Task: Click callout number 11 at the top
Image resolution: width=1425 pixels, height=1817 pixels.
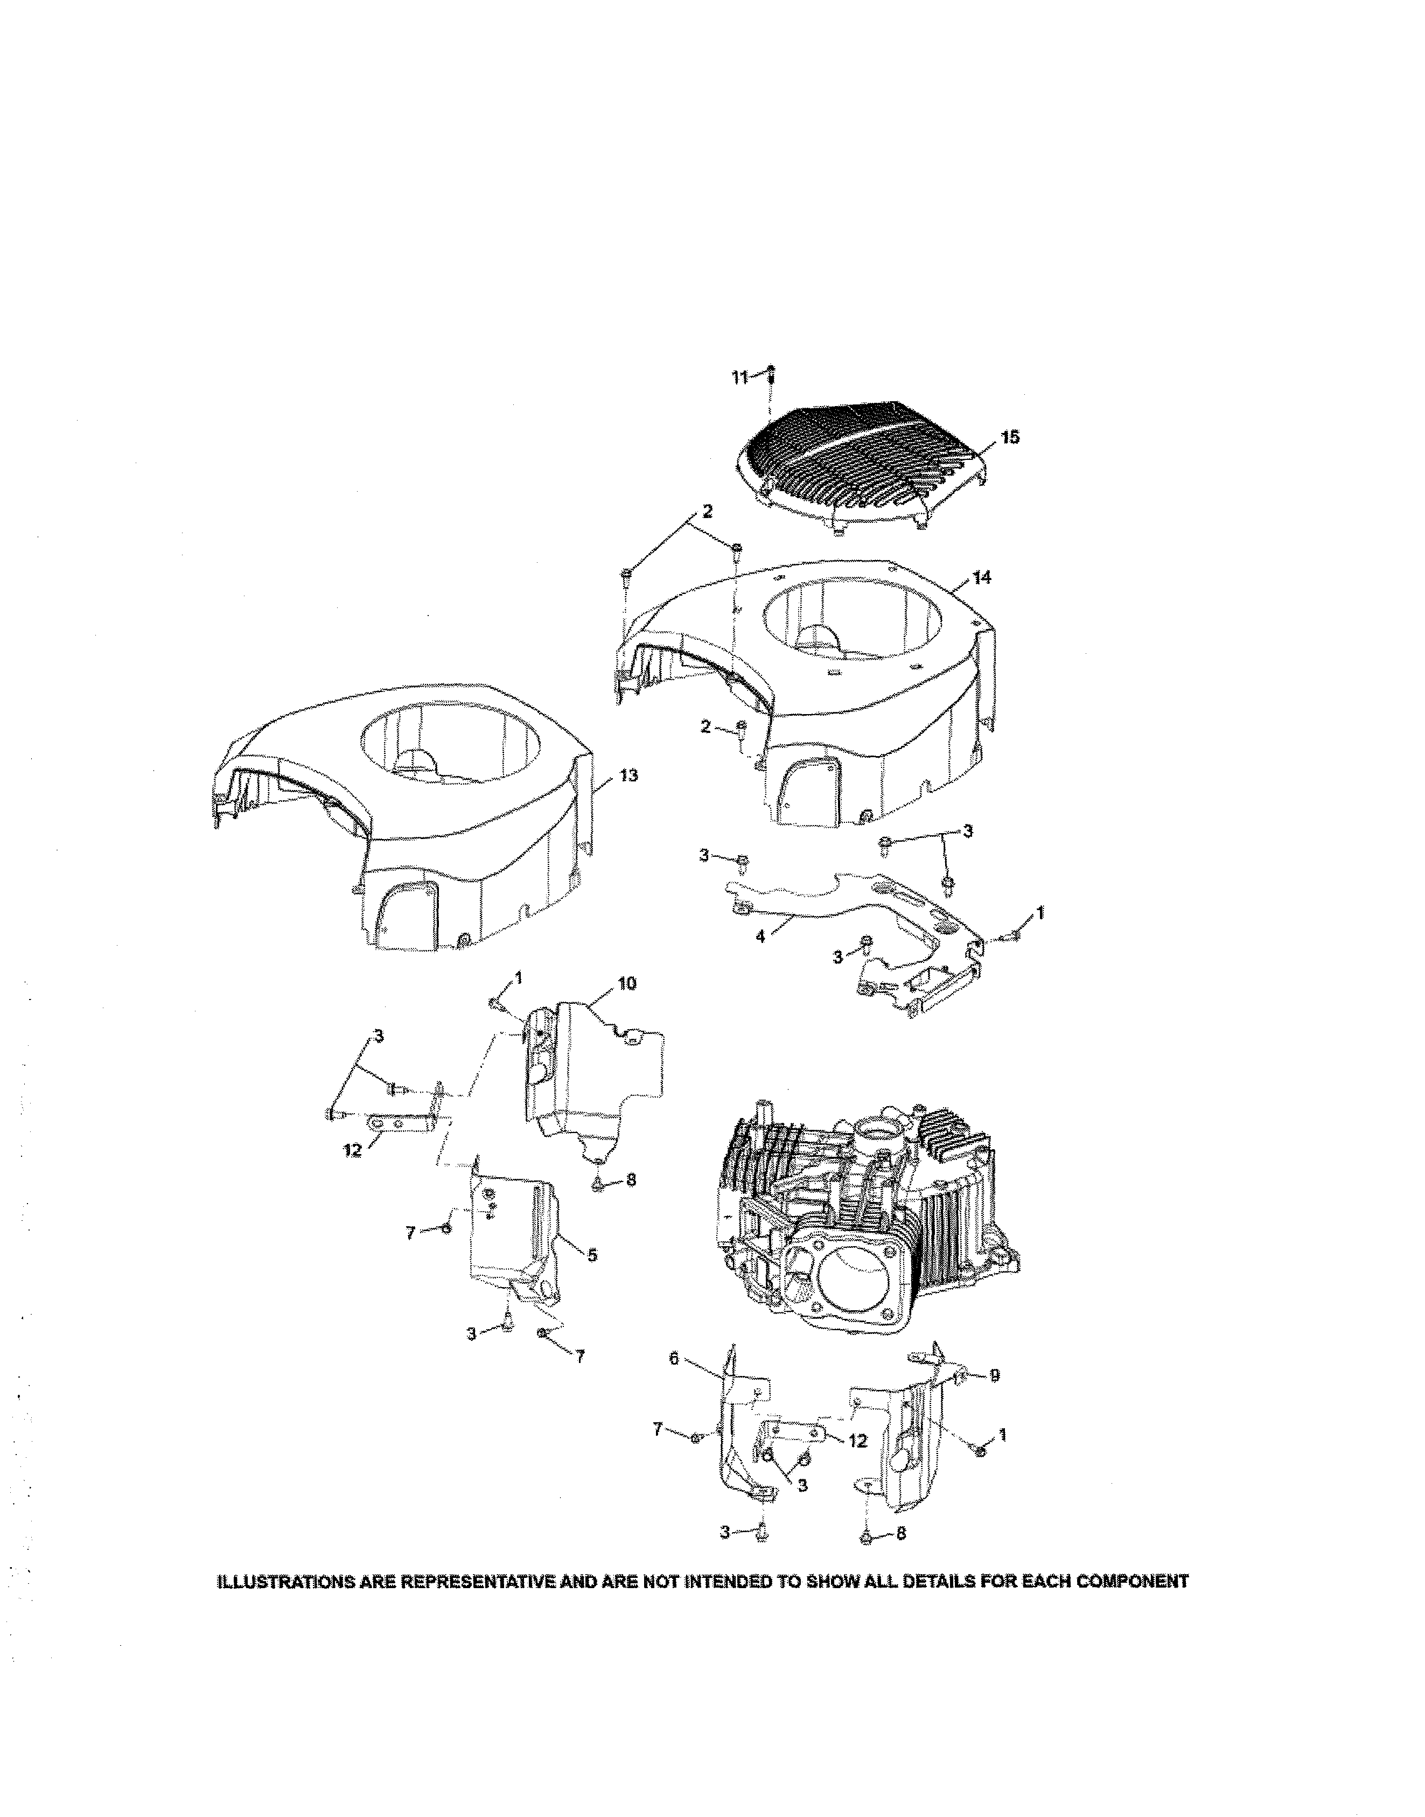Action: pyautogui.click(x=738, y=378)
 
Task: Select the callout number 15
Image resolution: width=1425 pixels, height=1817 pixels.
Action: pyautogui.click(x=1010, y=438)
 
